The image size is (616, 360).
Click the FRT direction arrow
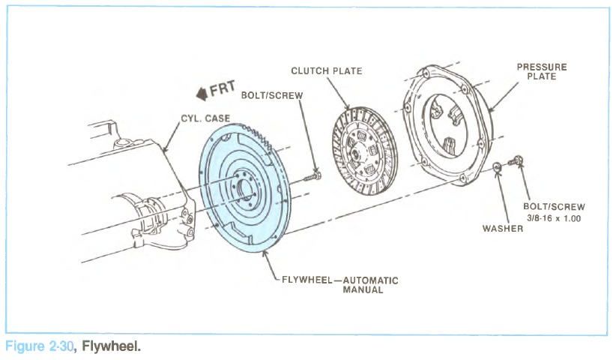point(201,94)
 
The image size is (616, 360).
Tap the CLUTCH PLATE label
point(327,71)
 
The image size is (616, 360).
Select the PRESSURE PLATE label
point(541,72)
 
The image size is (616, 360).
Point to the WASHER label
point(502,229)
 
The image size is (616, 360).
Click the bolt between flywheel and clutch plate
point(313,176)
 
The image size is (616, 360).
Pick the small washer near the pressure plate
point(498,166)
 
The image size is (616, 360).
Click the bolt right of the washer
point(515,160)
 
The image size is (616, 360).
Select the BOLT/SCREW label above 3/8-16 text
point(555,206)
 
